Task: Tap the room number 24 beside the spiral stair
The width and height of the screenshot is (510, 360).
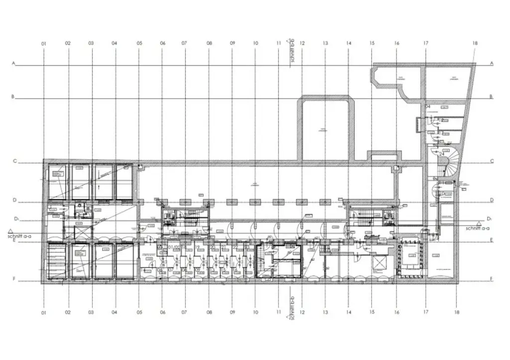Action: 442,154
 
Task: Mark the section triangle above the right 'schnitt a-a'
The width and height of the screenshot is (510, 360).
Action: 478,223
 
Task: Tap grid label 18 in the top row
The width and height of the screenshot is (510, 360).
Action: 475,44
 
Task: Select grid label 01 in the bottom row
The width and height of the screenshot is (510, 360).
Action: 44,313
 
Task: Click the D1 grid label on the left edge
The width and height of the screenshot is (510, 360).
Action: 16,219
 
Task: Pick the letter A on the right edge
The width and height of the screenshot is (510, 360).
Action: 491,63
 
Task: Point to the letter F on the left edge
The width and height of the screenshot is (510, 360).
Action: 14,279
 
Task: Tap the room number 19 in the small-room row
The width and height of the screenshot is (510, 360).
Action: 198,247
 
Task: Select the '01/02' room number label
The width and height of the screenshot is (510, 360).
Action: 175,247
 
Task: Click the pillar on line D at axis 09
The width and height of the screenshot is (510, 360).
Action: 231,202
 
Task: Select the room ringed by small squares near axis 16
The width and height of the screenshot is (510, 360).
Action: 411,258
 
